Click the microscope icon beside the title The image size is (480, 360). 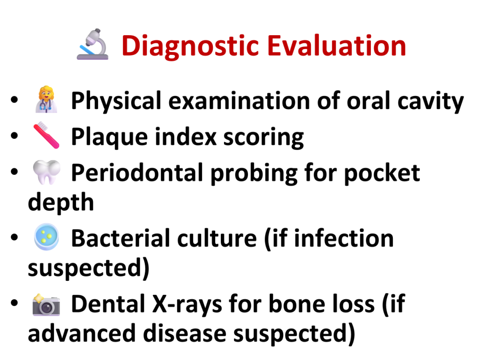point(92,45)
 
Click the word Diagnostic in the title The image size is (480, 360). point(190,46)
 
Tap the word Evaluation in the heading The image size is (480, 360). point(337,45)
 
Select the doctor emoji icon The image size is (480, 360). point(46,99)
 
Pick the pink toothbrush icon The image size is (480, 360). point(46,135)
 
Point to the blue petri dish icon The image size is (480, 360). point(46,237)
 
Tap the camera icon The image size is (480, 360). point(46,305)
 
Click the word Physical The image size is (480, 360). point(116,101)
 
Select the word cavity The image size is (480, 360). point(431,102)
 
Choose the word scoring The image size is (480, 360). point(263,138)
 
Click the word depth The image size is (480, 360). point(61,202)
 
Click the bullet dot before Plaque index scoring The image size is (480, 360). point(15,135)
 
